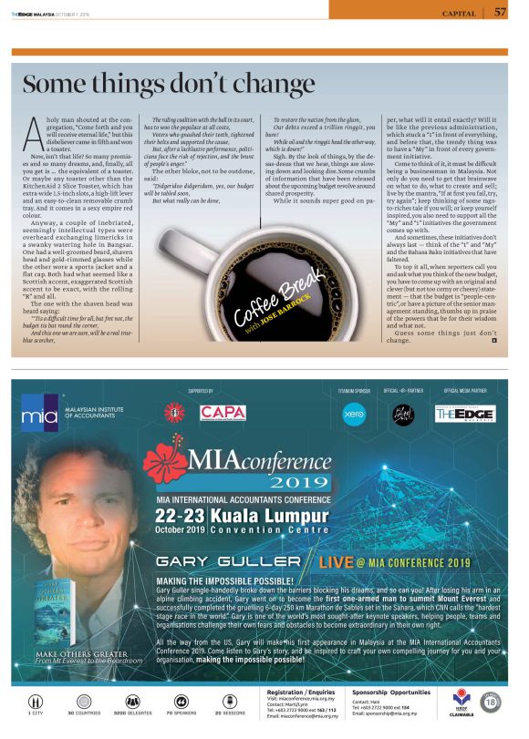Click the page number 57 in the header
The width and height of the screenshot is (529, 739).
pos(501,12)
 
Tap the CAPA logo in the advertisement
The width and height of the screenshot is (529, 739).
pos(223,413)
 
